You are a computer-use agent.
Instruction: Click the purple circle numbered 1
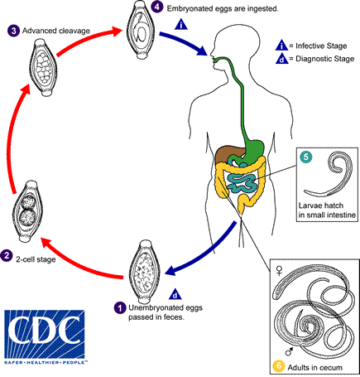[x=121, y=308]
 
